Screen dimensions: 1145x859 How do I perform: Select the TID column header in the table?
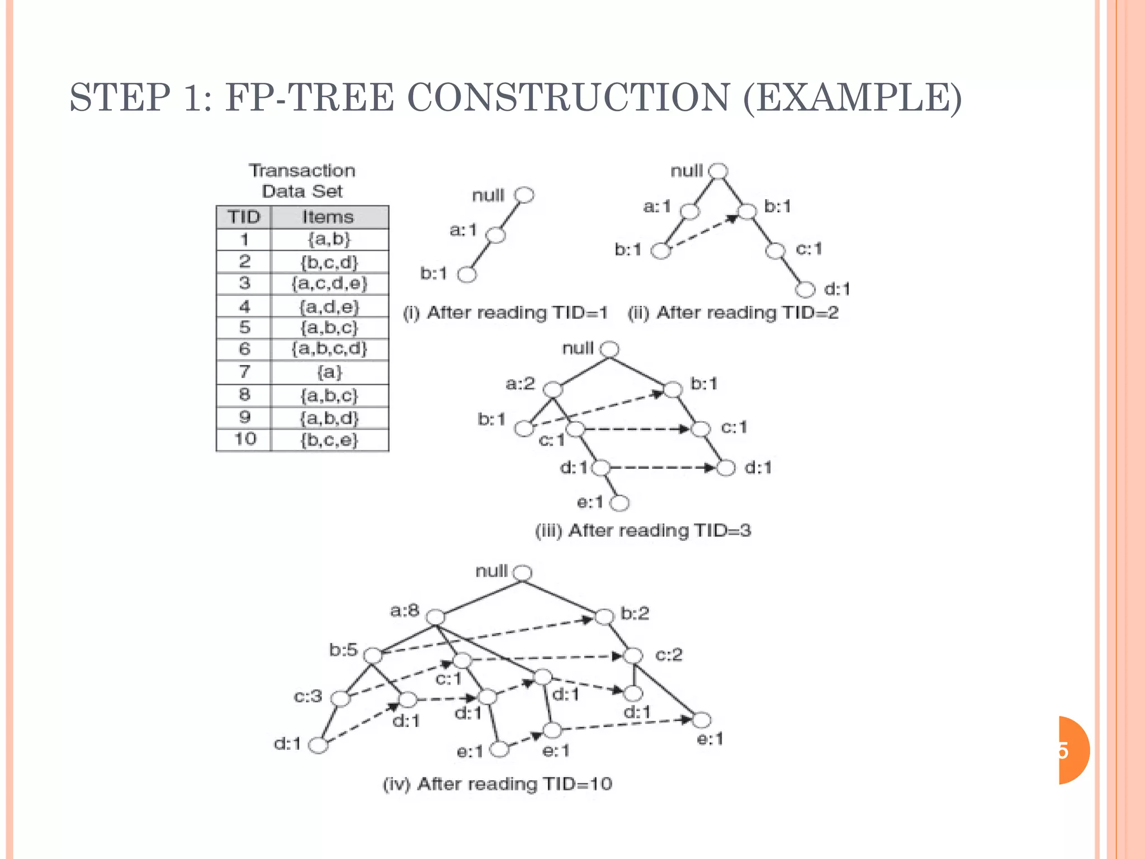point(244,217)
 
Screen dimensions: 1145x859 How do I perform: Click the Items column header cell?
point(329,217)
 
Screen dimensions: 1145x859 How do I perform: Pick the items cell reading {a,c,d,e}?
point(329,284)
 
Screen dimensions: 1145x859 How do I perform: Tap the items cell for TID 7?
point(329,372)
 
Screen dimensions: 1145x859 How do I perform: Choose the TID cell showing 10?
point(244,440)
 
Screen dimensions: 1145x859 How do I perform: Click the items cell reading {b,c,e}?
point(329,440)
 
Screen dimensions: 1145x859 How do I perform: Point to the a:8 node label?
point(404,610)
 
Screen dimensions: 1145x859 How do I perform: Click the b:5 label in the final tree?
point(343,650)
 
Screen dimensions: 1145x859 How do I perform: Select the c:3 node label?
point(308,696)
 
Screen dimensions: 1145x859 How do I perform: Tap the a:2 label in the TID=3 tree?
point(520,384)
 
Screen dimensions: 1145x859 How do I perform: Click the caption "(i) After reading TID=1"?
point(505,313)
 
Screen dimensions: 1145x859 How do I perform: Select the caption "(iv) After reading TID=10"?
point(497,784)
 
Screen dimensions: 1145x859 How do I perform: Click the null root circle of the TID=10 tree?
point(523,573)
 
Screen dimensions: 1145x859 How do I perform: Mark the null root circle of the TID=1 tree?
point(524,195)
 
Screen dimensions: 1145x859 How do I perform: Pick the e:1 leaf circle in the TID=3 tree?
point(619,503)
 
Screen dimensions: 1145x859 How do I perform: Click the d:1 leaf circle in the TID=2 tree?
point(805,290)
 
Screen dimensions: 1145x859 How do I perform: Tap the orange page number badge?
point(1073,750)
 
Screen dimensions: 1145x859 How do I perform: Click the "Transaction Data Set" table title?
point(302,181)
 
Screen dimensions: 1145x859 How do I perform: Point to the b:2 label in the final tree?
point(635,613)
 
